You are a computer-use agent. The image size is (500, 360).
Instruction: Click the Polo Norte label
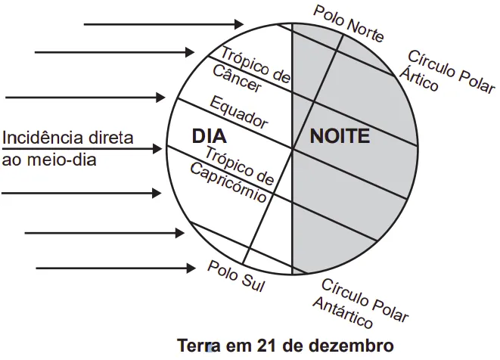(349, 23)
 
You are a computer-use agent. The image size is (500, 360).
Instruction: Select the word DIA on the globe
(211, 137)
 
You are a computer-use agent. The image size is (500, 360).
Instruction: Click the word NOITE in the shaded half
(340, 137)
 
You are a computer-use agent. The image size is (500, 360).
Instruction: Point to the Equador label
(239, 111)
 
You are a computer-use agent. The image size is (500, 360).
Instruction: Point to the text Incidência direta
(68, 138)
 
